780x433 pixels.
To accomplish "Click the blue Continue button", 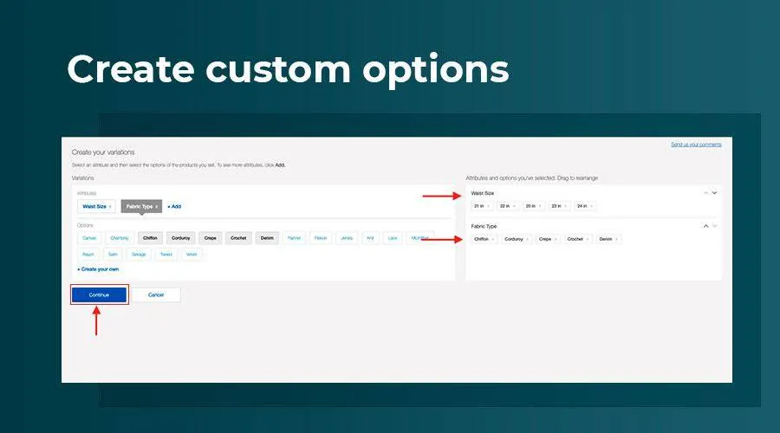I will click(99, 294).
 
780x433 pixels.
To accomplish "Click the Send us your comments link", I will click(696, 145).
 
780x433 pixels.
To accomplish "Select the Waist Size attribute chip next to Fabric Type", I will click(97, 206).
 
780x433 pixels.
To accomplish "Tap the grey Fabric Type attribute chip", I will click(141, 206).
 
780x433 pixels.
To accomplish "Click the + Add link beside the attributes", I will click(174, 206).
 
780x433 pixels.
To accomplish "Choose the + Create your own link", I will click(97, 269).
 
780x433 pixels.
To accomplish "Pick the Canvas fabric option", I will click(89, 237).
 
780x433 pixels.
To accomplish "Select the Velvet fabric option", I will click(192, 255).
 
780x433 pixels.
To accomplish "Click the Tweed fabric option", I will click(166, 255).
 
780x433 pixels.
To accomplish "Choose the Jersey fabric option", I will click(347, 237).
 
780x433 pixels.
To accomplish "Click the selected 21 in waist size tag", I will click(480, 206).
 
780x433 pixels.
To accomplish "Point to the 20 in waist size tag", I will click(532, 206).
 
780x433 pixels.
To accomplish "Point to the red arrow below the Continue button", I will click(95, 322).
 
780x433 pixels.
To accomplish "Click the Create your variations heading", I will click(103, 152).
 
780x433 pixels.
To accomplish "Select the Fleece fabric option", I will click(321, 237).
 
